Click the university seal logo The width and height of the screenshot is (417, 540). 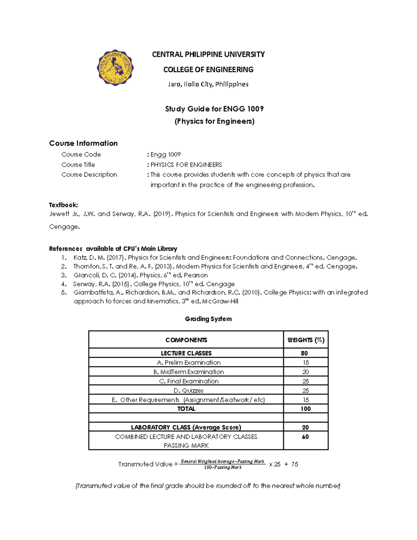[115, 67]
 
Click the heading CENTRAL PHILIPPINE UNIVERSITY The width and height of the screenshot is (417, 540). [208, 54]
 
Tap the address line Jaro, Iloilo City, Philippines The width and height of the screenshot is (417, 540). [208, 84]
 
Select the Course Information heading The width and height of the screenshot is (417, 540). [83, 143]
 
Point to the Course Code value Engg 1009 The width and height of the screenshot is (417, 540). [165, 154]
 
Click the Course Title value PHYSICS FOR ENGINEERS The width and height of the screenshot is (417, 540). [186, 164]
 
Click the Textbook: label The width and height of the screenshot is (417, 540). [63, 205]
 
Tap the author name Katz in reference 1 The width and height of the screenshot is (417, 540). [80, 258]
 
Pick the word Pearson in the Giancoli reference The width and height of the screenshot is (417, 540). [196, 275]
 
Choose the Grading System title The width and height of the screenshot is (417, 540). [208, 319]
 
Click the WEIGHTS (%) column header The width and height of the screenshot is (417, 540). [306, 340]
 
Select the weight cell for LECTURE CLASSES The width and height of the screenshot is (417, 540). [304, 353]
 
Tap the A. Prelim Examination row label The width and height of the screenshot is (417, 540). [189, 362]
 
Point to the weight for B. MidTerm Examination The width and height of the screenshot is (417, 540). [305, 372]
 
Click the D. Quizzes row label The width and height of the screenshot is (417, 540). [188, 390]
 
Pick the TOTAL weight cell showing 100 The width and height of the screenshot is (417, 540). [305, 409]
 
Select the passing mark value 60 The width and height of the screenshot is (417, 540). [305, 437]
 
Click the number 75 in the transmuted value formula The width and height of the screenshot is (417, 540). [294, 464]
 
